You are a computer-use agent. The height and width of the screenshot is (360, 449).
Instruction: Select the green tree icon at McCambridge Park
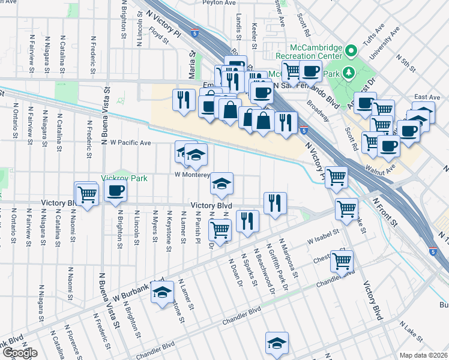pyautogui.click(x=350, y=73)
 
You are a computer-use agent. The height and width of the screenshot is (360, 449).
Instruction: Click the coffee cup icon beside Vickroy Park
pyautogui.click(x=115, y=191)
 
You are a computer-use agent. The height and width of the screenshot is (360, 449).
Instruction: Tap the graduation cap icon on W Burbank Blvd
pyautogui.click(x=162, y=293)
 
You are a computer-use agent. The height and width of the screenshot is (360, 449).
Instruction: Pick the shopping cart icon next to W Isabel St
pyautogui.click(x=342, y=261)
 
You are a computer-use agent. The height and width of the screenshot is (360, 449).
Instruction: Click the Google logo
pyautogui.click(x=19, y=353)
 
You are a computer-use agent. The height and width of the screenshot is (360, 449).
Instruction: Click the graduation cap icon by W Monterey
pyautogui.click(x=222, y=183)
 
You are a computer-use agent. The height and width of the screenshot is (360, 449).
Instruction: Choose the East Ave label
pyautogui.click(x=427, y=97)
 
